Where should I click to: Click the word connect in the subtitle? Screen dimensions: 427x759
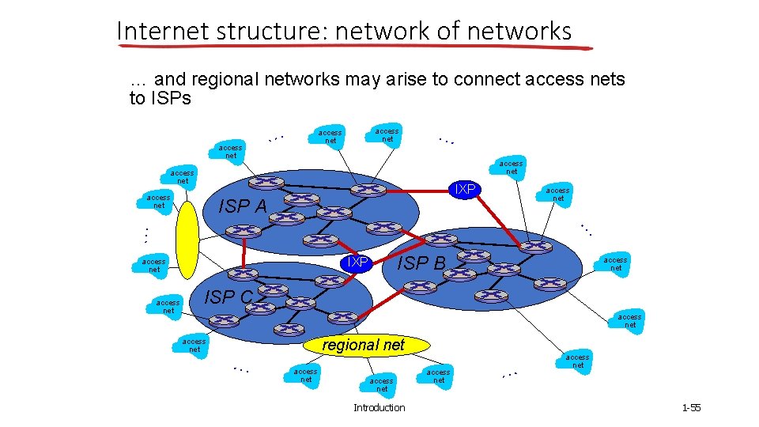point(490,79)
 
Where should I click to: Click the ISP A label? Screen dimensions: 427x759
point(243,206)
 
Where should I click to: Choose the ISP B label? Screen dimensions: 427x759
point(421,263)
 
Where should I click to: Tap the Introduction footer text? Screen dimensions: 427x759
point(379,408)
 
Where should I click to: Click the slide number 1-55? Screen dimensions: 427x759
point(691,408)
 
